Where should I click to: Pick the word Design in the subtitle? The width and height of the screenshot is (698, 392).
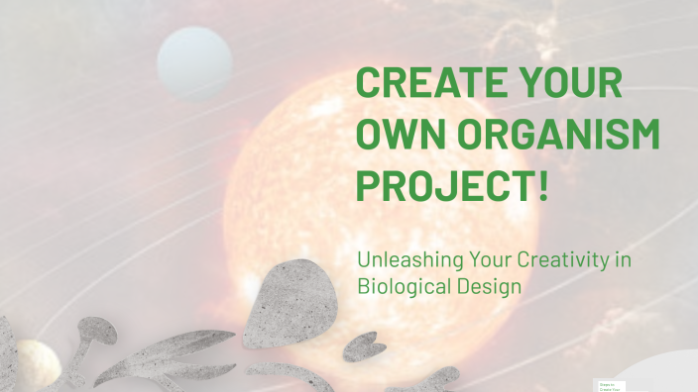tap(485, 286)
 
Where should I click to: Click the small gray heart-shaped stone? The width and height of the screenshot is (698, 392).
tap(364, 346)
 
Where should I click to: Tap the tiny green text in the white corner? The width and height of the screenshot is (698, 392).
tap(609, 386)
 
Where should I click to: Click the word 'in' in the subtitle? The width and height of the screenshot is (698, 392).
tap(623, 260)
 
